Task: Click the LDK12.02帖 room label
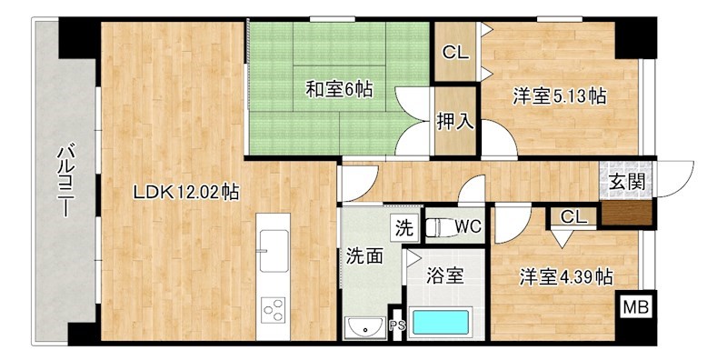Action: (186, 192)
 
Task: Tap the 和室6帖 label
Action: (338, 90)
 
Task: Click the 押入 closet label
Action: (455, 120)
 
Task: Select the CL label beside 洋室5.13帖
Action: (455, 53)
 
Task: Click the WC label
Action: (469, 225)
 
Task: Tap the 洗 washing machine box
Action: (403, 225)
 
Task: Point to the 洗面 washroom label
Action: (363, 255)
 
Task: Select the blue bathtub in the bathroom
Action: (440, 321)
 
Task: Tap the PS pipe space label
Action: (396, 325)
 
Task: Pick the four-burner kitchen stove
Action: (274, 311)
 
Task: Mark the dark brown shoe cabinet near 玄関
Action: (627, 213)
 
